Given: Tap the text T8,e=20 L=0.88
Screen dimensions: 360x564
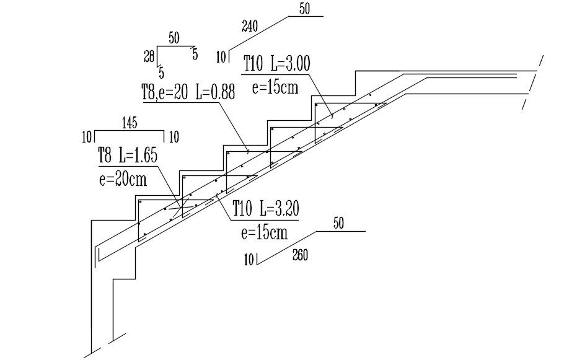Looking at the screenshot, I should coord(188,94).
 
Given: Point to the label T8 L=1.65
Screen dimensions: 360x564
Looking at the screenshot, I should coord(128,156).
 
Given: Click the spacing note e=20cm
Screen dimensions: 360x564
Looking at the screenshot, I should coord(123,179).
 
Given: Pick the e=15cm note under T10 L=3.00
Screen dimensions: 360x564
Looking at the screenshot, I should coord(275,87).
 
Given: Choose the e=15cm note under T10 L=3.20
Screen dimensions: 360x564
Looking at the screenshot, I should coord(264,232).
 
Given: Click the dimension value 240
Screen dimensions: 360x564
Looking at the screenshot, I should coord(250,26).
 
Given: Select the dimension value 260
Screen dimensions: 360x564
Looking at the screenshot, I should coord(300,255).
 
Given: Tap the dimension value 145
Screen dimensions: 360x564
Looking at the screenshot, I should coord(130,123).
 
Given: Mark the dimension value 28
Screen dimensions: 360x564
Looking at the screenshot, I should coord(149,57).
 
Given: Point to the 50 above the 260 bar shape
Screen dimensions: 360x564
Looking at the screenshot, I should coord(338,224).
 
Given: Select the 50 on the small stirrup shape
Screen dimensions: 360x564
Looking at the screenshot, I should coord(174,38).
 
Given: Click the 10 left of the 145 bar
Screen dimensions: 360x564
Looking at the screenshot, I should coord(87,136).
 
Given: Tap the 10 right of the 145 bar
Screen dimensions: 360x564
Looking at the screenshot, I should coord(174,136).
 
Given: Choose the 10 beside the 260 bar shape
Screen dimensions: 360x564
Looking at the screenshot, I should coord(249,260).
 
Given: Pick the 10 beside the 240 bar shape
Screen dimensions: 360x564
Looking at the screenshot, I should coord(221,58).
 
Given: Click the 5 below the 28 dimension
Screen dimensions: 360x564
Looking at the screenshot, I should coord(161,72).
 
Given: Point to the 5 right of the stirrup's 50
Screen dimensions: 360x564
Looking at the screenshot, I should coord(195,55).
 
